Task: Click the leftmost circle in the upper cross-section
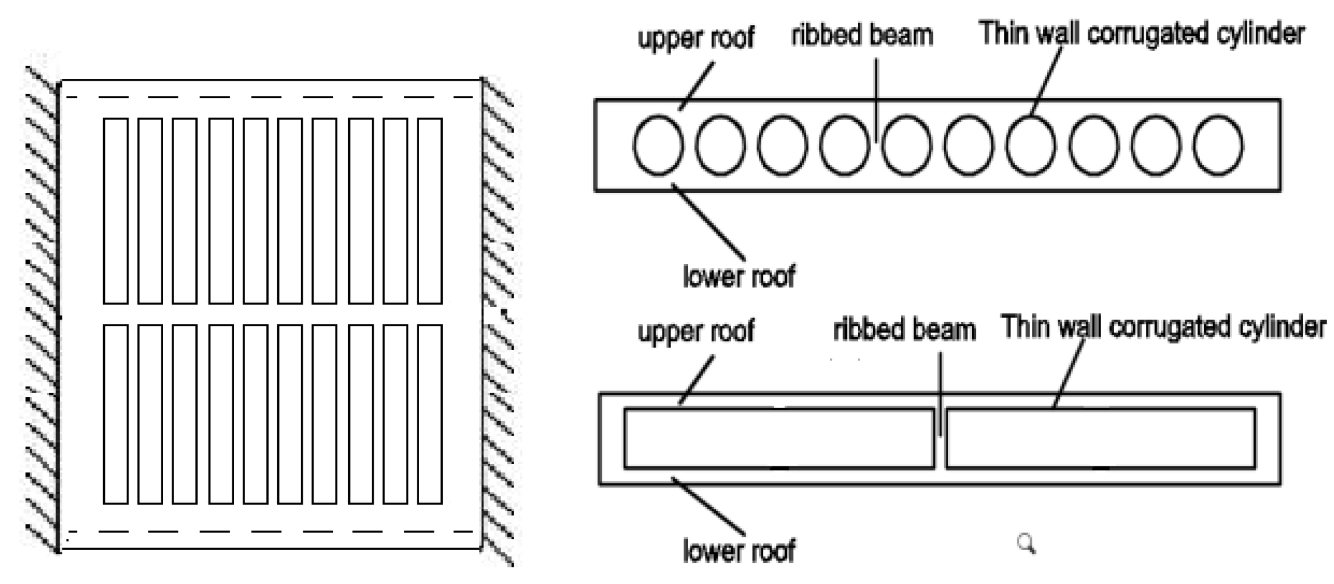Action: pos(658,146)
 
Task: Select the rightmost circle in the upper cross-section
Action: pos(1218,146)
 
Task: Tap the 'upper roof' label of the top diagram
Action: pos(695,38)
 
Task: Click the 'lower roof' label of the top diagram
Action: pos(738,277)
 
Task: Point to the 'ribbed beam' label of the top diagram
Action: pos(861,35)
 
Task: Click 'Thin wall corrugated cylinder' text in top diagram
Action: pos(1141,33)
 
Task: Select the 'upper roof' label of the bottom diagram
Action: pos(695,331)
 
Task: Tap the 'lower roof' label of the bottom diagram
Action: pos(738,551)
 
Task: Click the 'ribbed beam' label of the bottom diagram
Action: pos(904,330)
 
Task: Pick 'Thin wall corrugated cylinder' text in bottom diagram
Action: pos(1163,327)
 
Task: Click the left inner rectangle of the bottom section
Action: pos(779,438)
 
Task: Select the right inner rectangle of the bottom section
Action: pos(1100,438)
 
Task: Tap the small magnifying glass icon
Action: pos(1026,543)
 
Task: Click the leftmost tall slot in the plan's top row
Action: pos(115,210)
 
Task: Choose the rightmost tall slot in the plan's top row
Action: pos(430,210)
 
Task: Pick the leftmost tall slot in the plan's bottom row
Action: pos(115,414)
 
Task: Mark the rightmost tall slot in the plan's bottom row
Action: pos(430,414)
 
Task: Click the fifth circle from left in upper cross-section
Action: pos(906,146)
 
